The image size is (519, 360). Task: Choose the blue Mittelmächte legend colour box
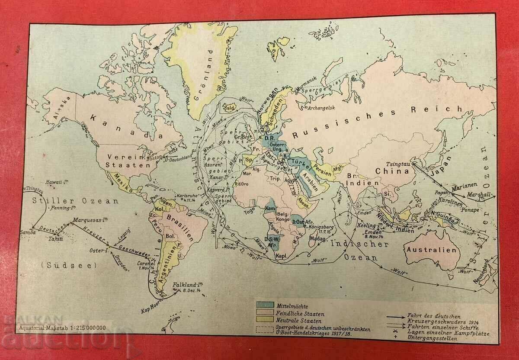[265, 305]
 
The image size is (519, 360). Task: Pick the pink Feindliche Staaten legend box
[265, 313]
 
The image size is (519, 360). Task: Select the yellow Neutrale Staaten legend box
[265, 321]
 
